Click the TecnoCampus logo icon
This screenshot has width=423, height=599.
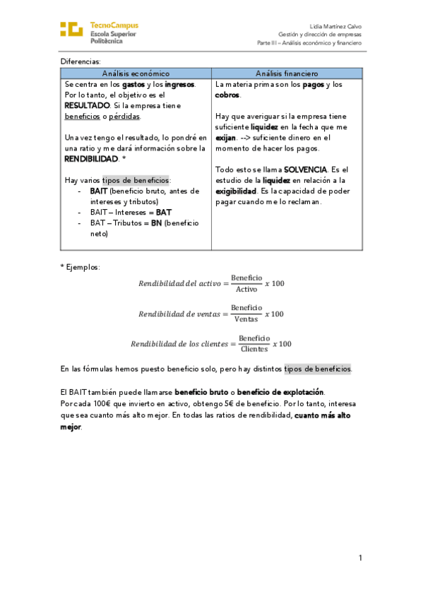72,30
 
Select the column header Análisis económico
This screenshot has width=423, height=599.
136,73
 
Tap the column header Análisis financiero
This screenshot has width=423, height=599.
287,73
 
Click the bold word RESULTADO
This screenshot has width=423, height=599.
87,105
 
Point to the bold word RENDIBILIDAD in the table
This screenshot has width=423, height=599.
91,159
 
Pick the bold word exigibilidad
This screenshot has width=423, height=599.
237,191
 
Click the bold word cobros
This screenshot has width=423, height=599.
227,95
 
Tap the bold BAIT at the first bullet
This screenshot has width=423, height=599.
98,191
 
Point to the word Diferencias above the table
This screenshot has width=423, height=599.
81,61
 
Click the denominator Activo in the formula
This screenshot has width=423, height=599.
246,290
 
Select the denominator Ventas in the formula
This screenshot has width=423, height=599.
246,319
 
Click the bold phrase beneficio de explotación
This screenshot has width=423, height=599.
280,392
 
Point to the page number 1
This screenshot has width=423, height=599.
359,558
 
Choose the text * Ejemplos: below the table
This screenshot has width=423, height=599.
81,266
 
